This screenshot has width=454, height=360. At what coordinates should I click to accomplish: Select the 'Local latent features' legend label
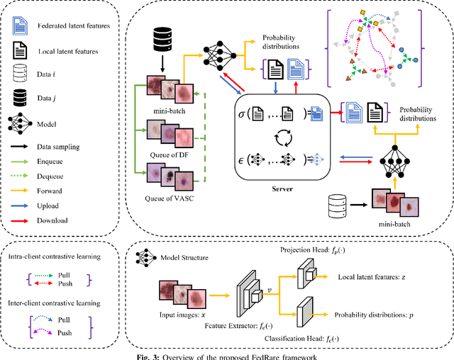tap(67, 52)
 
